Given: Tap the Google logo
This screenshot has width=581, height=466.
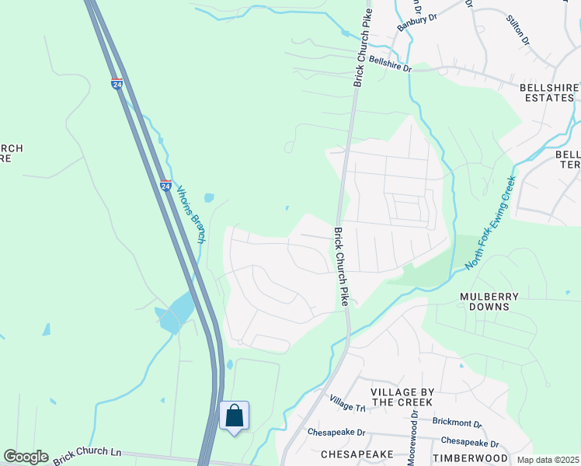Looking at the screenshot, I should point(26,457).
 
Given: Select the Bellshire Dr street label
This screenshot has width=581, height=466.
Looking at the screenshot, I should point(390,64).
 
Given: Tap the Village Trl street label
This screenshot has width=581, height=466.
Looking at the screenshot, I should point(346,402).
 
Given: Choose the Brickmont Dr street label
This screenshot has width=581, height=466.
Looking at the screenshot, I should point(457,425).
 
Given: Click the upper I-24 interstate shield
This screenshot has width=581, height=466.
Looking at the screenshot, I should point(117,83).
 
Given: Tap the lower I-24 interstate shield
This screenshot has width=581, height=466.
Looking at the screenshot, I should point(166,186).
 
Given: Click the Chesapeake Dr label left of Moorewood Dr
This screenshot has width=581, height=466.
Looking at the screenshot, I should point(336,431).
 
